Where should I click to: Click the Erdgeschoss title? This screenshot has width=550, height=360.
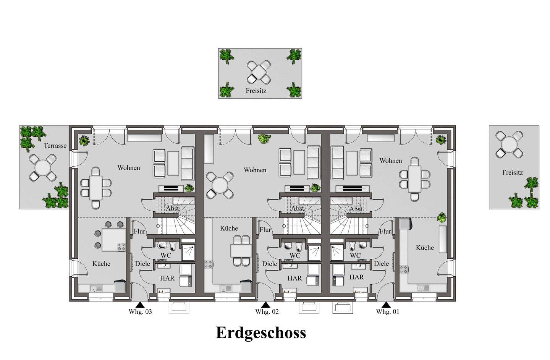tap(261, 333)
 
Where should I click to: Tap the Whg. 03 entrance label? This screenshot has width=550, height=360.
tap(140, 311)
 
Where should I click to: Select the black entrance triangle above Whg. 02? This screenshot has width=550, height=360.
tap(266, 305)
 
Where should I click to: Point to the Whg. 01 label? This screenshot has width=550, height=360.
tap(387, 311)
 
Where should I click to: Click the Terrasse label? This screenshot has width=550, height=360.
tap(55, 146)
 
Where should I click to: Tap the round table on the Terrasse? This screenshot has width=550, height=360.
tap(43, 168)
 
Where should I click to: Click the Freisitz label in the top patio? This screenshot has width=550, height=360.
tap(256, 91)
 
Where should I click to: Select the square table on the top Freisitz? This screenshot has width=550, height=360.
tap(259, 72)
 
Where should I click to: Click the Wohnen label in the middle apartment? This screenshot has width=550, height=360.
tap(255, 170)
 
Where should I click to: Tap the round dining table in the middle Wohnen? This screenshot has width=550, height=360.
tap(220, 185)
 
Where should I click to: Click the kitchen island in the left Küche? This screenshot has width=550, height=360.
tap(114, 240)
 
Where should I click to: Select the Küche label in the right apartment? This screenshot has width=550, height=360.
tap(425, 248)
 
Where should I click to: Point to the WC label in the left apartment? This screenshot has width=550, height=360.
tap(166, 255)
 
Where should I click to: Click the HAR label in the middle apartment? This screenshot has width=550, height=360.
tap(294, 278)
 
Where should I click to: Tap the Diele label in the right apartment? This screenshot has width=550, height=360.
tap(381, 264)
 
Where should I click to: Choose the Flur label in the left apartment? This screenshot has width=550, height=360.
tap(139, 231)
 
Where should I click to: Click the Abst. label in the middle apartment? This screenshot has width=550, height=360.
tap(298, 209)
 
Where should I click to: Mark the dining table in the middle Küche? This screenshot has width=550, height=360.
tap(241, 251)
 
